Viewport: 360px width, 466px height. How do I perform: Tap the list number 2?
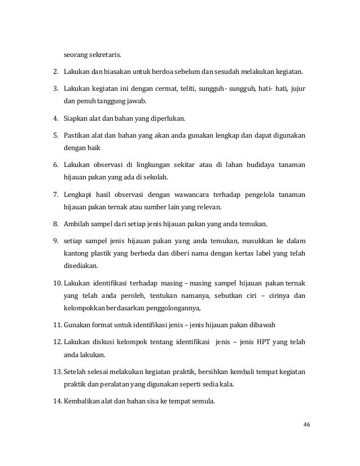[x=56, y=72]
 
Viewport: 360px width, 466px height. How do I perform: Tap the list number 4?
[x=56, y=120]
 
